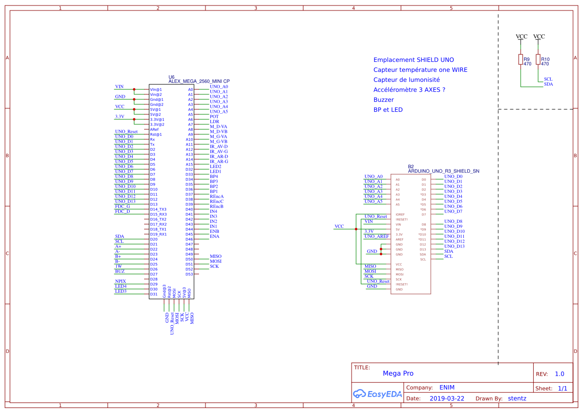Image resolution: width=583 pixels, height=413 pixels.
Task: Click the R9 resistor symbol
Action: pos(521,60)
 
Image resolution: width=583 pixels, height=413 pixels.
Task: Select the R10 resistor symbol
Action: pos(538,60)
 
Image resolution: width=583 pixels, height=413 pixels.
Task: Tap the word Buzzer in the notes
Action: pos(384,100)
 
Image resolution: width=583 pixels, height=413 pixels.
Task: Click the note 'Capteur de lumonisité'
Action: pos(406,80)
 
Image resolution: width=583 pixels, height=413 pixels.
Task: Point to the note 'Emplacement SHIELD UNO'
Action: pos(413,60)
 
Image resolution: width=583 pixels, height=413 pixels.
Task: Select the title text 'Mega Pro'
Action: pos(398,374)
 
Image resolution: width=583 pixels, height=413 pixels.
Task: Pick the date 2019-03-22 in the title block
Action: pos(447,399)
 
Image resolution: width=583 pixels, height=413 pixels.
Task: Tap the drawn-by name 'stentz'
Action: pos(517,399)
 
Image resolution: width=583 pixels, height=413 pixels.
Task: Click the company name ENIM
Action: pos(447,388)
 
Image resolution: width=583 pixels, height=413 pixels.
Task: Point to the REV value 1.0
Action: pos(559,374)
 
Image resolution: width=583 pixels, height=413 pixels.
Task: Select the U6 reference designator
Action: pos(172,77)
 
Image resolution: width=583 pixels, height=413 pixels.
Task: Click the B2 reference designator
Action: pos(411,167)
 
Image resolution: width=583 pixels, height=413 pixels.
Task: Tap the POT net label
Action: pos(214,117)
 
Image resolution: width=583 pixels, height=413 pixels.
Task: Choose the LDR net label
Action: pos(214,122)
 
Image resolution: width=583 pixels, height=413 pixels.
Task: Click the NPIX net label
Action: pos(120,281)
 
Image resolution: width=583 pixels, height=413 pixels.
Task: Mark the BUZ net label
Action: pos(120,271)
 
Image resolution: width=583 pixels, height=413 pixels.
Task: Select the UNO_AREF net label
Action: pos(376,236)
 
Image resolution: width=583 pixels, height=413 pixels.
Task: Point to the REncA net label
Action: pos(216,197)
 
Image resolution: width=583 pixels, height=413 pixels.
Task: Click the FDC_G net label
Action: pos(122,206)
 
